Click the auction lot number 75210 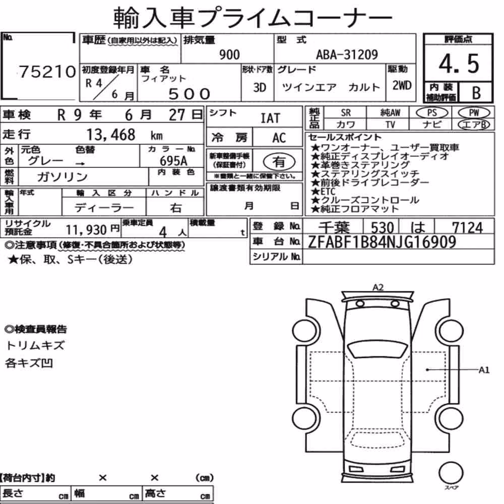point(47,72)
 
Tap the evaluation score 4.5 point(459,64)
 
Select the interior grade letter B point(476,93)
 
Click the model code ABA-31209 point(347,54)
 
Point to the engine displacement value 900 point(229,54)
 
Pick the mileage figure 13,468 point(111,135)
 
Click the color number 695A point(173,160)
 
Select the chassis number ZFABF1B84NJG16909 point(382,242)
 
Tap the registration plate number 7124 point(467,228)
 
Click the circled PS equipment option point(432,112)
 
